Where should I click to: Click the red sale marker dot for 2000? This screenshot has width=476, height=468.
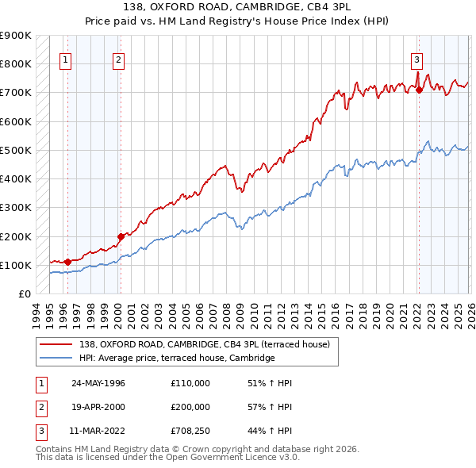[121, 236]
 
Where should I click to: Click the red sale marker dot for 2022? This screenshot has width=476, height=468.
[419, 90]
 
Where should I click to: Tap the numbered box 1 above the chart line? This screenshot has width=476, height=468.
[65, 59]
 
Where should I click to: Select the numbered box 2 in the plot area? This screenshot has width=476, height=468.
[118, 59]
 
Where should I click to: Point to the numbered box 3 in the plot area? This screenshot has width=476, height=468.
[416, 59]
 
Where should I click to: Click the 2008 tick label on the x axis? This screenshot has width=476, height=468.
[226, 315]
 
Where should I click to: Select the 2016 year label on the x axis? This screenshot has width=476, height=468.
[335, 315]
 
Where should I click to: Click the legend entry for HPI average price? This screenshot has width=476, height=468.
[176, 359]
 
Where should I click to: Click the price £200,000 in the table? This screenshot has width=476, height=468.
[190, 407]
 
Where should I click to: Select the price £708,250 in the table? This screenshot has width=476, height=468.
[190, 432]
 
